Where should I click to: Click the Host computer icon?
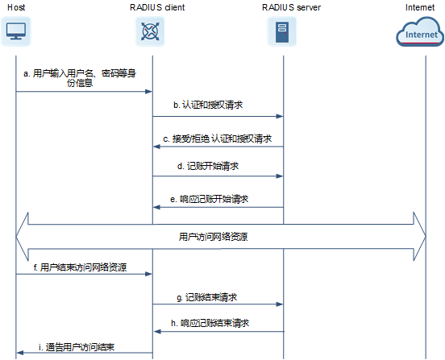coord(16,31)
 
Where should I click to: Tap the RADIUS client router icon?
coord(150,31)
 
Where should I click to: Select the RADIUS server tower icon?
coord(282,31)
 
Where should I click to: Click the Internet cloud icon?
coord(420,31)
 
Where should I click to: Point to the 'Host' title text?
coord(16,7)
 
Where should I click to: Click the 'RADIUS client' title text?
coord(157,7)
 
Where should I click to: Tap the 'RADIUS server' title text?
coord(292,7)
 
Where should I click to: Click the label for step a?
coord(80,78)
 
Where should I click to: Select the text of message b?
coord(208,105)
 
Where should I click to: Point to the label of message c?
coord(218,139)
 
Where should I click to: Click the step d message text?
coord(208,166)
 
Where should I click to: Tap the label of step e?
coord(210,199)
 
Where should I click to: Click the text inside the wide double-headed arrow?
coord(213,237)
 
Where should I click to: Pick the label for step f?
coord(80,267)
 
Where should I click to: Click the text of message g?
coord(207,297)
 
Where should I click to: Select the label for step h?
coord(210,323)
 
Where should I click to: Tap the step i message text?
coord(77,347)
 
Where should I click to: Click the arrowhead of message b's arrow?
coord(280,116)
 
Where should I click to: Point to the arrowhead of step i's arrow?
coord(20,353)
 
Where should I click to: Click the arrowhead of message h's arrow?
coord(157,331)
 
